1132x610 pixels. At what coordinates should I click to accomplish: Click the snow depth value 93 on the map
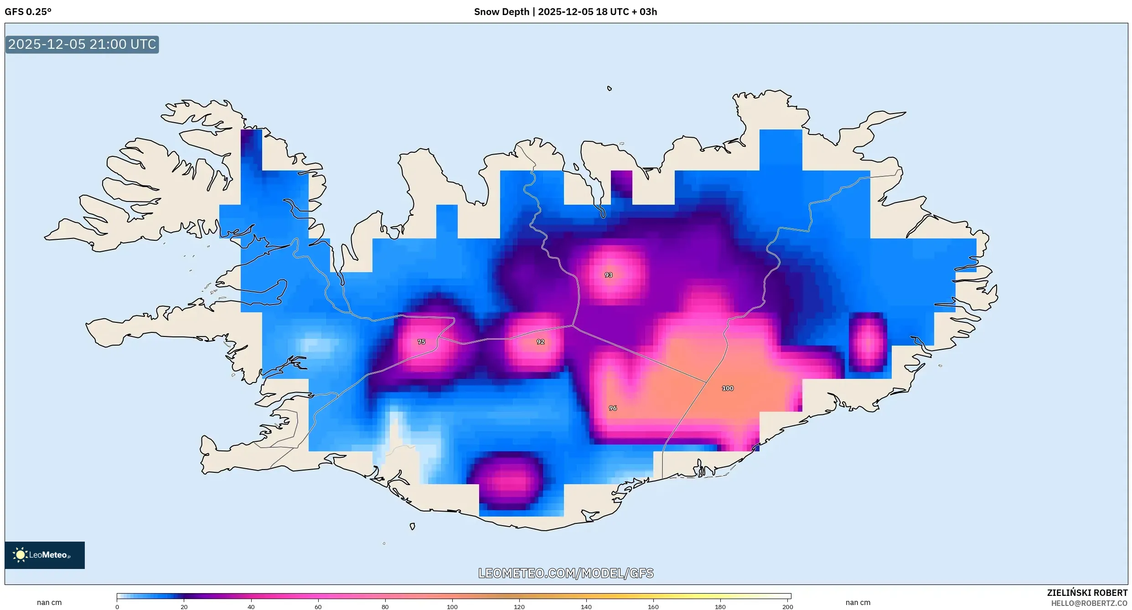pyautogui.click(x=608, y=275)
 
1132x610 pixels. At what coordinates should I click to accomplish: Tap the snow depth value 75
pyautogui.click(x=421, y=341)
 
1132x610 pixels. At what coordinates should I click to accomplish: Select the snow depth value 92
pyautogui.click(x=540, y=341)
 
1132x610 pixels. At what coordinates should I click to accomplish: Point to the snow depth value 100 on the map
pyautogui.click(x=728, y=388)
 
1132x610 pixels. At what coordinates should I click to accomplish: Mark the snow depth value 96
pyautogui.click(x=613, y=408)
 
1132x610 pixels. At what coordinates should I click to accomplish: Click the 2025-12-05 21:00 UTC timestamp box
pyautogui.click(x=82, y=44)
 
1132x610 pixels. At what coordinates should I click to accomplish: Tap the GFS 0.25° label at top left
pyautogui.click(x=28, y=12)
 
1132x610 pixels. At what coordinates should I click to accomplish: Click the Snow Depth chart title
pyautogui.click(x=565, y=12)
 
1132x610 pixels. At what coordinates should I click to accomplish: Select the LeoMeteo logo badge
pyautogui.click(x=45, y=555)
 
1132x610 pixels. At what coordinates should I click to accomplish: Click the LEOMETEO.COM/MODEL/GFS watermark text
pyautogui.click(x=566, y=573)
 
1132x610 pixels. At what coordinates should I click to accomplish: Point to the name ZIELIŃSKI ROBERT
pyautogui.click(x=1087, y=593)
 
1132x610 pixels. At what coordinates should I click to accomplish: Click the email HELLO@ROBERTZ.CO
pyautogui.click(x=1089, y=603)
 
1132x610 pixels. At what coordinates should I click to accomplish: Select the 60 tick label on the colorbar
pyautogui.click(x=318, y=607)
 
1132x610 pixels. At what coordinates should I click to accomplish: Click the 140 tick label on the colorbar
pyautogui.click(x=586, y=607)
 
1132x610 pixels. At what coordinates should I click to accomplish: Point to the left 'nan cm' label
pyautogui.click(x=49, y=602)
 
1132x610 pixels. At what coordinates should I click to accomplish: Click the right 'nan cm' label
pyautogui.click(x=858, y=602)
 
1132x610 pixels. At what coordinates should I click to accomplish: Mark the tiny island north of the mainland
pyautogui.click(x=610, y=88)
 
